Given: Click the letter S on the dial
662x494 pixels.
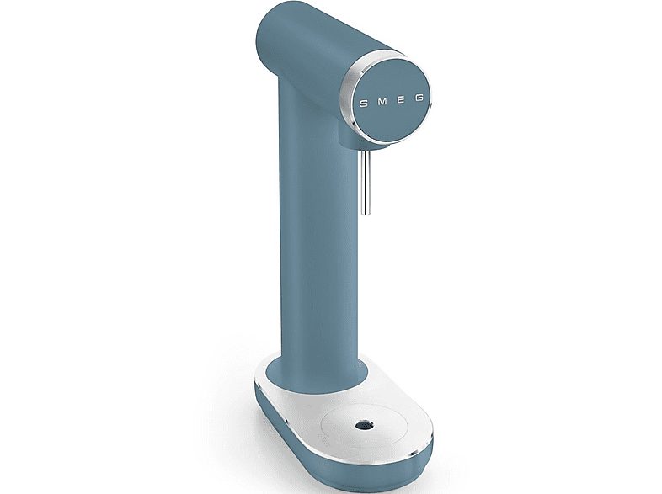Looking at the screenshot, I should (x=364, y=104).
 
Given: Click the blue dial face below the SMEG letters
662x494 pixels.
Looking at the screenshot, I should (x=394, y=122).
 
